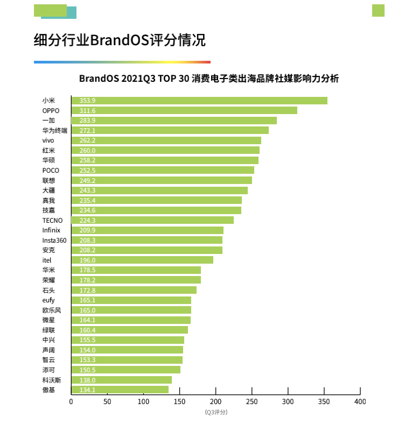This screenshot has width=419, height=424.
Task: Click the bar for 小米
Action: pyautogui.click(x=199, y=101)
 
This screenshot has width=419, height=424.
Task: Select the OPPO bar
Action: pyautogui.click(x=184, y=110)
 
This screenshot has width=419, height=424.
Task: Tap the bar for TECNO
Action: pyautogui.click(x=152, y=220)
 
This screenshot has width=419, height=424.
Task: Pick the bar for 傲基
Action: pyautogui.click(x=120, y=390)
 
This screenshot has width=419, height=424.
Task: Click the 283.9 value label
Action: pyautogui.click(x=87, y=121)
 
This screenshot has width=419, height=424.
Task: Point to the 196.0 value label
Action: pyautogui.click(x=87, y=260)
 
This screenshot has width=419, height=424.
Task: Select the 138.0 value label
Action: pyautogui.click(x=87, y=380)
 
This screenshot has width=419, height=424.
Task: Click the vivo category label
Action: pyautogui.click(x=48, y=140)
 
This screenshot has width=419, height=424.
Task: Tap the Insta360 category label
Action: pyautogui.click(x=54, y=240)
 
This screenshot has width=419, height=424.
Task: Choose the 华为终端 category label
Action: pyautogui.click(x=55, y=130)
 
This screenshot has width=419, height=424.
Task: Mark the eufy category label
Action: pyautogui.click(x=48, y=300)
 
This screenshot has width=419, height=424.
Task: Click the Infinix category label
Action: pyautogui.click(x=51, y=230)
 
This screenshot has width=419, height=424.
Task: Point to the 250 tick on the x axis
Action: pyautogui.click(x=252, y=402)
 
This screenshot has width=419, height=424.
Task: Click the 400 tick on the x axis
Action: pyautogui.click(x=360, y=402)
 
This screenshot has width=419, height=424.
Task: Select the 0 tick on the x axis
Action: pyautogui.click(x=71, y=402)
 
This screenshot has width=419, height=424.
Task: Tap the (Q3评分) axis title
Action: pyautogui.click(x=215, y=412)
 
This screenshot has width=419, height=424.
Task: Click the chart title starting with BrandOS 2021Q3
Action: pyautogui.click(x=209, y=79)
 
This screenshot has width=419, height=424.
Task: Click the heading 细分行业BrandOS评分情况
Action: pyautogui.click(x=120, y=40)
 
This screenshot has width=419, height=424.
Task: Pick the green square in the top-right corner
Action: pyautogui.click(x=378, y=10)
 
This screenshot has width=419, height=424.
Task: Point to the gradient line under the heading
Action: pyautogui.click(x=122, y=62)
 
